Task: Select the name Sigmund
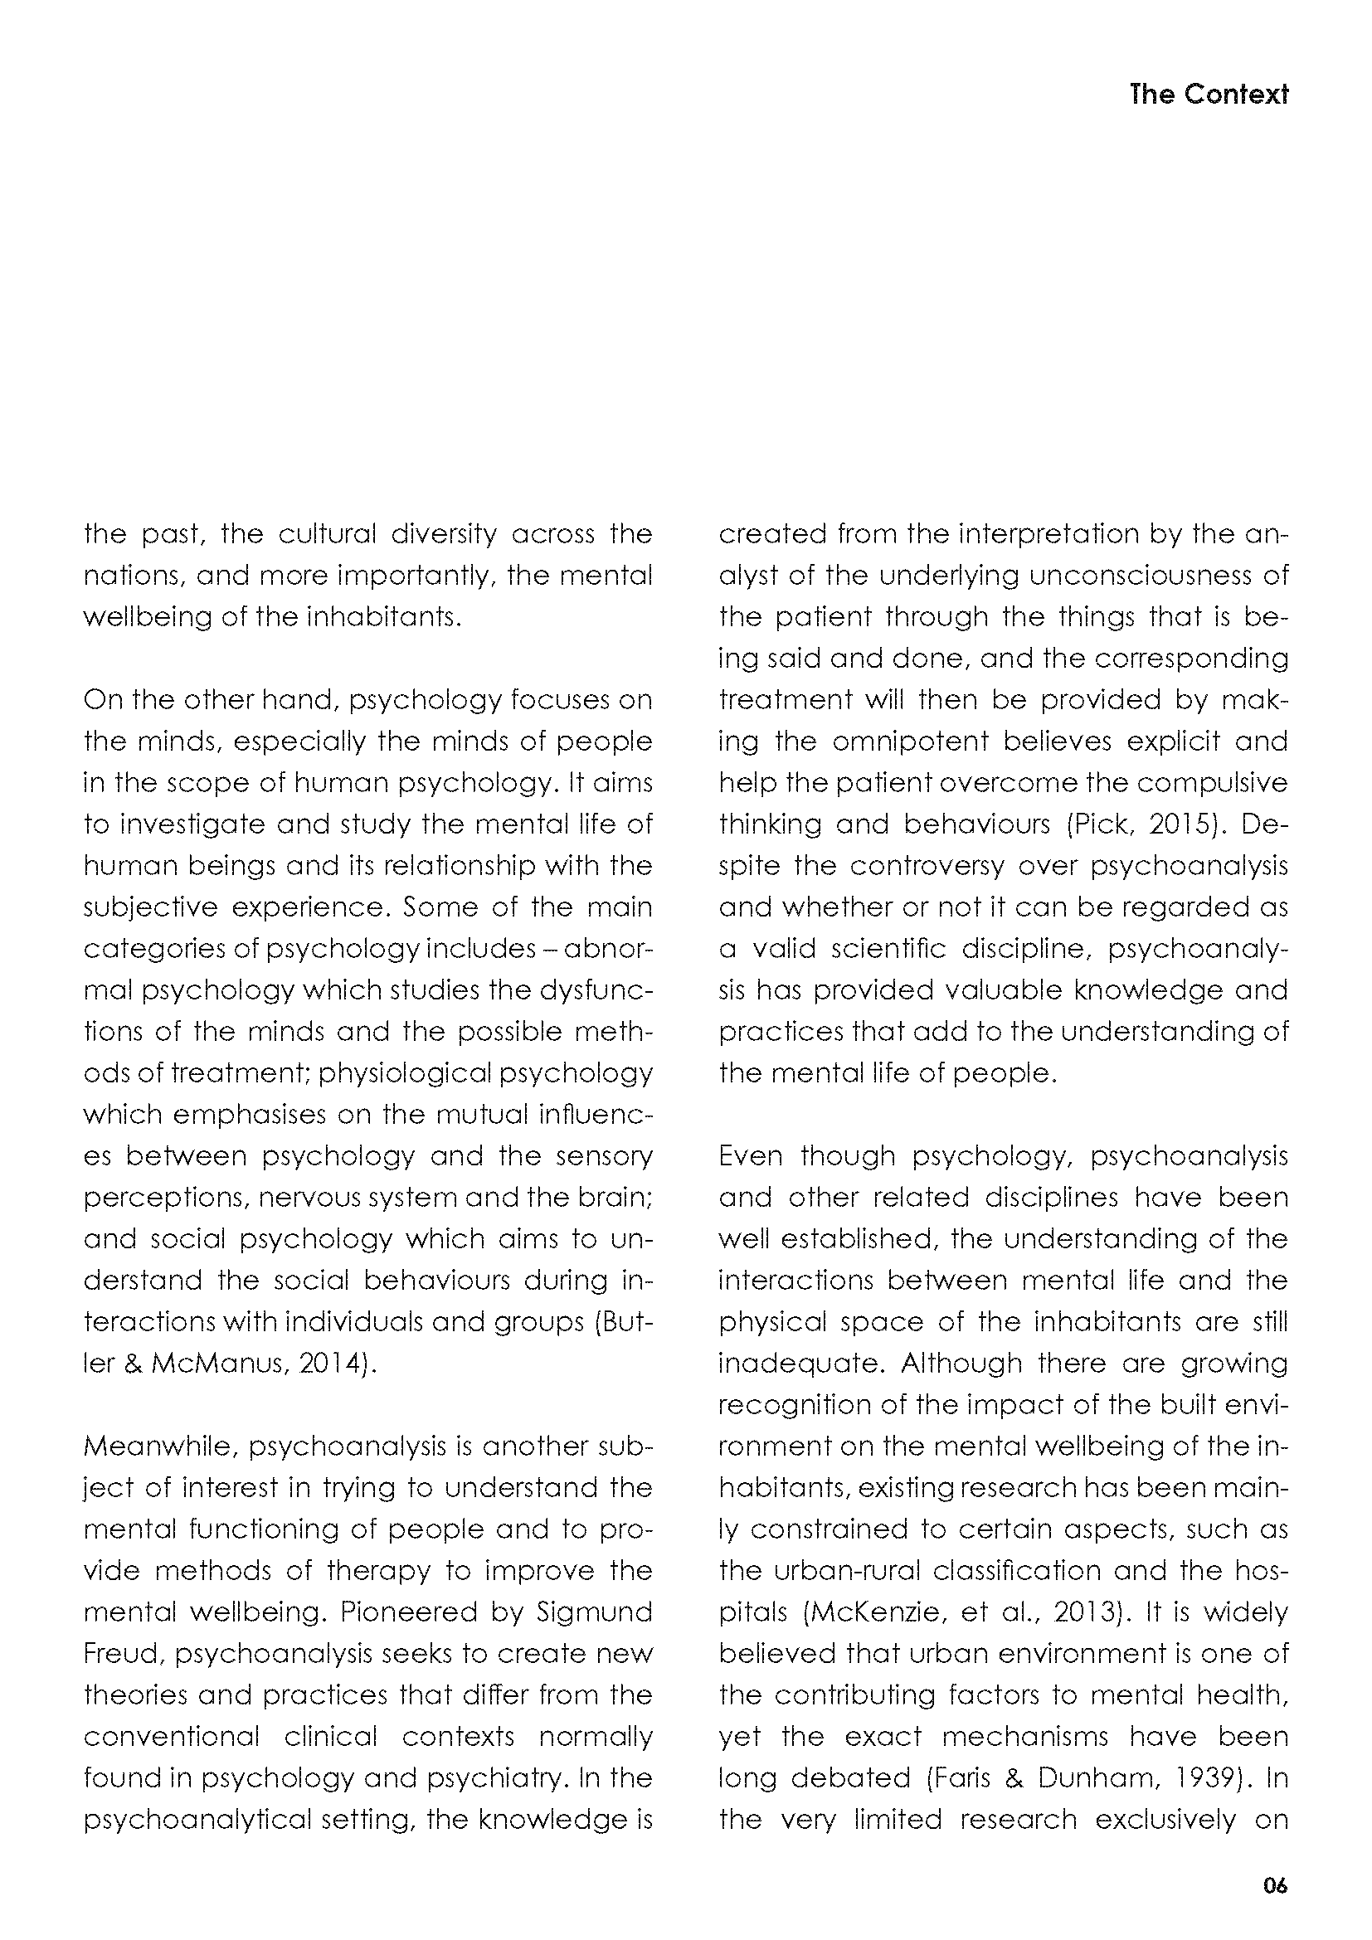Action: (595, 1612)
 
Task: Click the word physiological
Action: (405, 1073)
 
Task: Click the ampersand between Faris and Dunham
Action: (1014, 1777)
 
